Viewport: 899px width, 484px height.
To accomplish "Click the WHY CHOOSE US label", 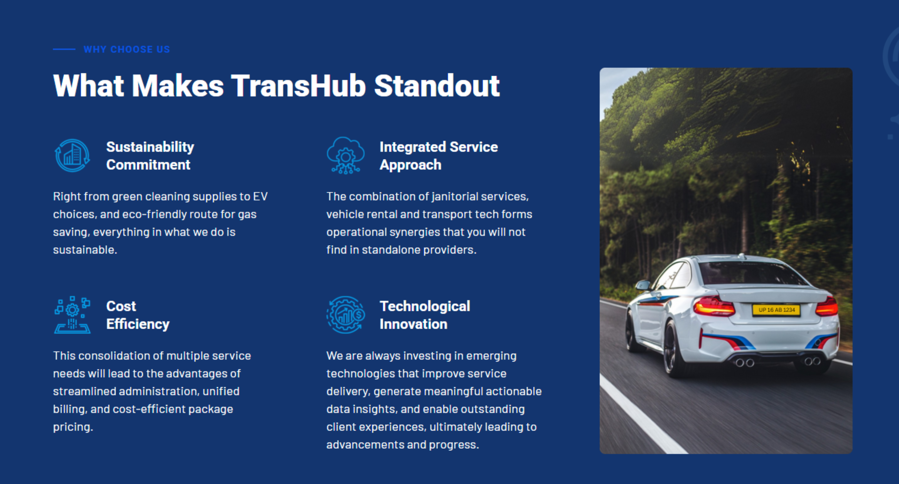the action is [x=127, y=49].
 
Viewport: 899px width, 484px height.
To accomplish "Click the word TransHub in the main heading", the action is [x=299, y=86].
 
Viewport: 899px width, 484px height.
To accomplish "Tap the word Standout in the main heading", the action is [x=437, y=86].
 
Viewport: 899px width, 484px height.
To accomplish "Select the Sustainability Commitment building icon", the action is [x=72, y=155].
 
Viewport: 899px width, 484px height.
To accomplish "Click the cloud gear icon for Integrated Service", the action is [x=346, y=156].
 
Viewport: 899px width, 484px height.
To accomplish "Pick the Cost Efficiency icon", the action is [x=72, y=315].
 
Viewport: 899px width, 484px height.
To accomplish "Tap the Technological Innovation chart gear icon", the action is [x=346, y=315].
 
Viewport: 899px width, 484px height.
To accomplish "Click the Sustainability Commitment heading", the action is [x=150, y=156].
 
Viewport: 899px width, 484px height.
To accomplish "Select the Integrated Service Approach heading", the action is [x=439, y=156].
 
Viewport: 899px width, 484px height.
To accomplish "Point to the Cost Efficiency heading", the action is [x=138, y=315].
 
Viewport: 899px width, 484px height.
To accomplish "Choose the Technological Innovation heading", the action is [x=425, y=315].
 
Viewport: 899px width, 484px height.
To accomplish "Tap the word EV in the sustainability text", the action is [x=260, y=196].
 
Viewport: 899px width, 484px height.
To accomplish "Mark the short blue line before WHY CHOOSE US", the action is [x=64, y=49].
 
